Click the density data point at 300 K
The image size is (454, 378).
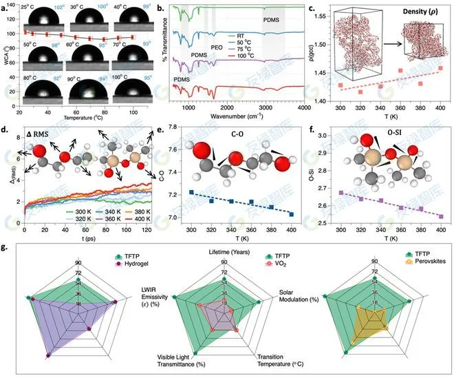340,85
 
